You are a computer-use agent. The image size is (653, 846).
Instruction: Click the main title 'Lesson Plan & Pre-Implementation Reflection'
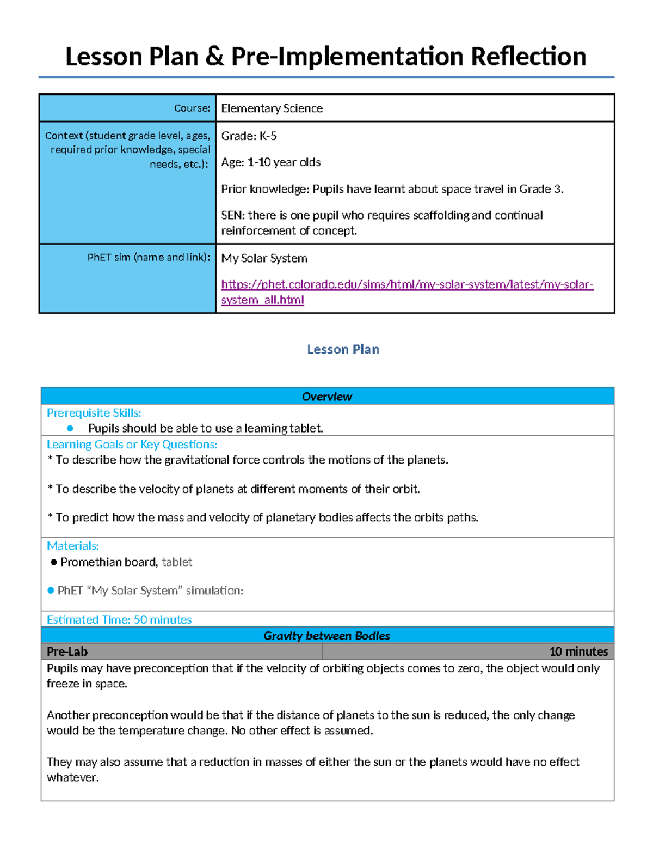point(325,57)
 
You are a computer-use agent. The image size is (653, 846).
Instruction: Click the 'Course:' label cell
point(192,108)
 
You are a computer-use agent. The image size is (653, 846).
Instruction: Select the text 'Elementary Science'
point(272,108)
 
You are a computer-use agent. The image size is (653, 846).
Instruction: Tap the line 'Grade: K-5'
point(249,136)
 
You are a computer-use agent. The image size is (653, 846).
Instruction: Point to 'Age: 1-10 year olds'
point(270,162)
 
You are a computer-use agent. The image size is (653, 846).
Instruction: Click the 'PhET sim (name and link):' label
point(149,257)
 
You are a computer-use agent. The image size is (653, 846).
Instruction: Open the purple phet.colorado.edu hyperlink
point(406,285)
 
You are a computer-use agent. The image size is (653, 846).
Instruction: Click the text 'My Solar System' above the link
point(264,258)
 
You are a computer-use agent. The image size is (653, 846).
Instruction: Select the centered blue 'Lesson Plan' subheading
point(343,349)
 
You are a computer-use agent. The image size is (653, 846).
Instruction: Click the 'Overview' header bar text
point(327,397)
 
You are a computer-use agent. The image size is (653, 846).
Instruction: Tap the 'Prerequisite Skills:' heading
point(94,413)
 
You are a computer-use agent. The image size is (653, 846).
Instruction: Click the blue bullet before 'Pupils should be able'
point(70,429)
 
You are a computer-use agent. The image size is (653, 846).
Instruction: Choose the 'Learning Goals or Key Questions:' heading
point(132,445)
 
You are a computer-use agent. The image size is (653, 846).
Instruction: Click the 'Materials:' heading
point(73,546)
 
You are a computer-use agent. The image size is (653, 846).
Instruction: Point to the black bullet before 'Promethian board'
point(53,562)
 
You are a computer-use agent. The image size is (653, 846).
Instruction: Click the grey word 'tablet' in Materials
point(177,562)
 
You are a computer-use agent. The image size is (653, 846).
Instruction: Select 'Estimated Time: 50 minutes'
point(119,619)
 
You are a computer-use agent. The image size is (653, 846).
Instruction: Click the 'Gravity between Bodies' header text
point(326,636)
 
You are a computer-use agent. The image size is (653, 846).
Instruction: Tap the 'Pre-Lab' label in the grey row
point(67,652)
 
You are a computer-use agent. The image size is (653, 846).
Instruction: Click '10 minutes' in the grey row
point(578,652)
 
